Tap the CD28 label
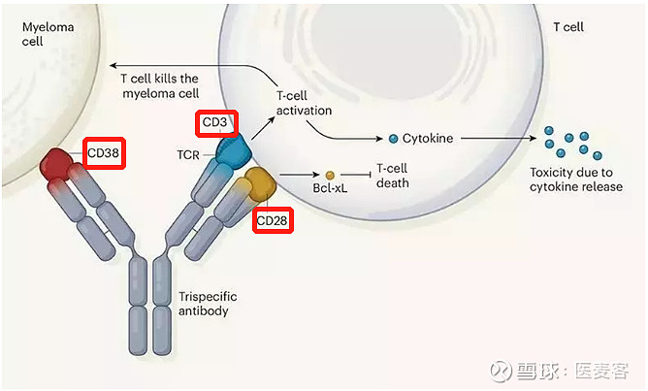273,220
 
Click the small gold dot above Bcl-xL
330,175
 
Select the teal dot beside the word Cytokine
394,139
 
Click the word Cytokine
429,139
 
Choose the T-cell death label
393,175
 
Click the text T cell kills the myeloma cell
160,86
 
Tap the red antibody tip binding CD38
60,167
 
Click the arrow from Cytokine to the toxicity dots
495,139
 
